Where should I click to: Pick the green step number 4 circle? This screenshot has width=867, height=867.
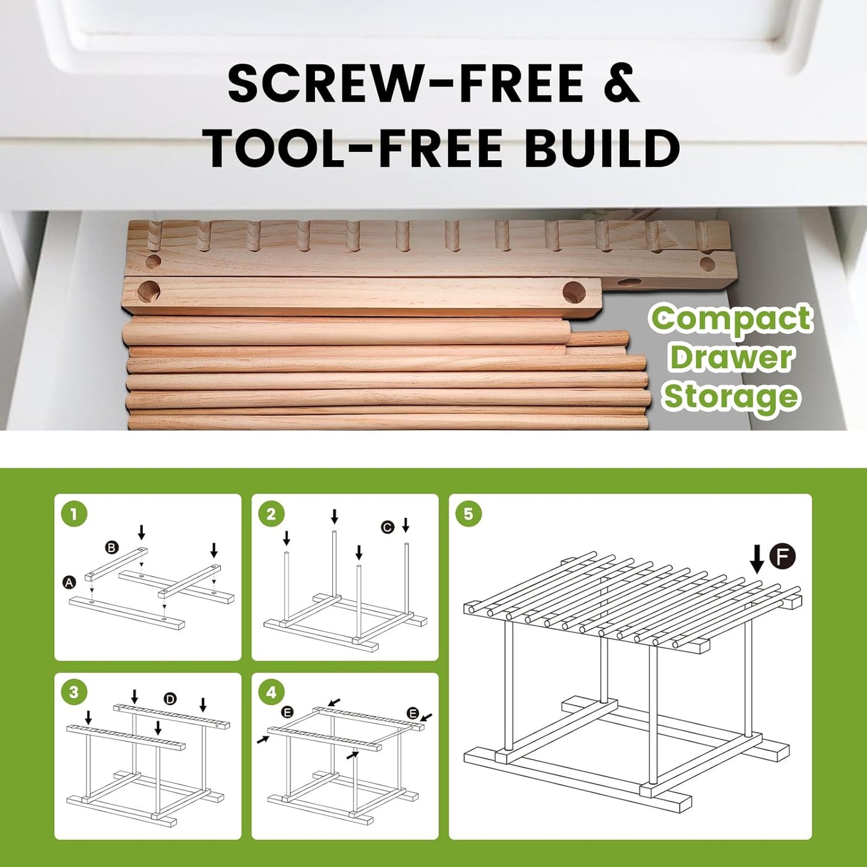point(271,692)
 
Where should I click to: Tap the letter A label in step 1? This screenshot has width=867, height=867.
point(68,583)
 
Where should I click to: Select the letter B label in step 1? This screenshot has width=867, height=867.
point(111,548)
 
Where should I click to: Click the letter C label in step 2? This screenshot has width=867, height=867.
point(388,527)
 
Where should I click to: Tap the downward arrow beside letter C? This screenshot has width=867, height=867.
point(406,524)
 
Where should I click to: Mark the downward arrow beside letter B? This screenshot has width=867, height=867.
point(142,532)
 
